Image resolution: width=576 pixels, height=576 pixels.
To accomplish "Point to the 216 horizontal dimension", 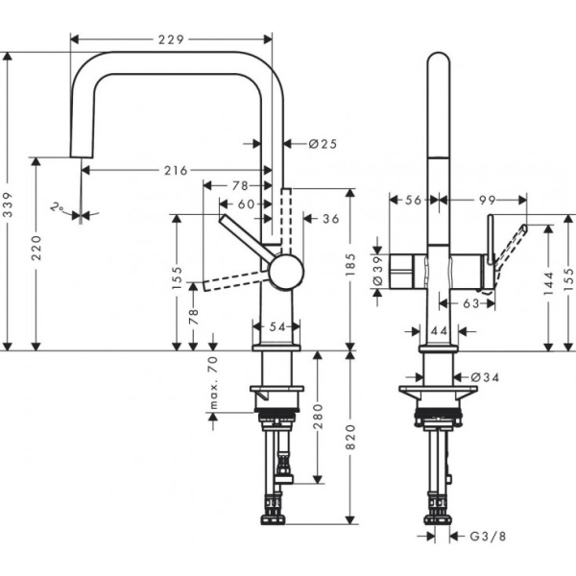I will (175, 170).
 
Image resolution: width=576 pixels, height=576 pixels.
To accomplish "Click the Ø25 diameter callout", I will (324, 143).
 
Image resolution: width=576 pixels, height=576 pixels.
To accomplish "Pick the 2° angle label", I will (60, 205).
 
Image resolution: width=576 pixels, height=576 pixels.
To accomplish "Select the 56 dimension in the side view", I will (414, 200).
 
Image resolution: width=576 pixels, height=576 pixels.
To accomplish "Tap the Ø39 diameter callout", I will (376, 272).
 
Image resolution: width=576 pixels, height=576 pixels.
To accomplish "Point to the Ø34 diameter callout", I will (487, 377).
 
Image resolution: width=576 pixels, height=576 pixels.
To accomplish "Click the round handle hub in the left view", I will (284, 272).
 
